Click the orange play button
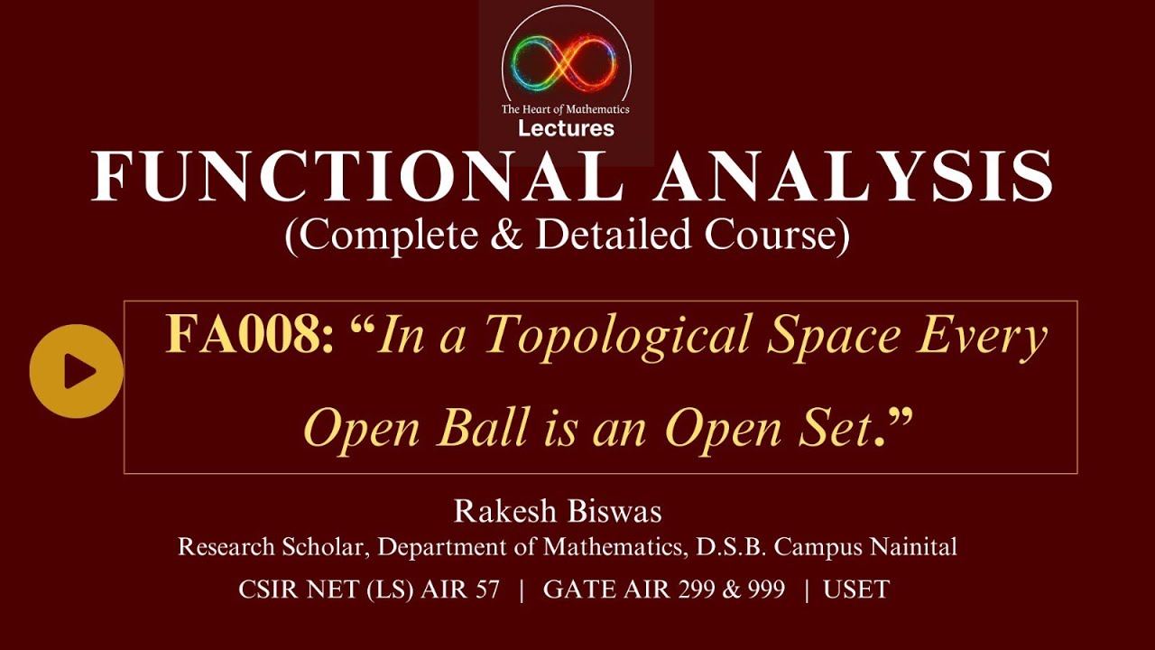(76, 371)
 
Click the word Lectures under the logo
(566, 128)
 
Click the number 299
(713, 590)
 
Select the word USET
(856, 590)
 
